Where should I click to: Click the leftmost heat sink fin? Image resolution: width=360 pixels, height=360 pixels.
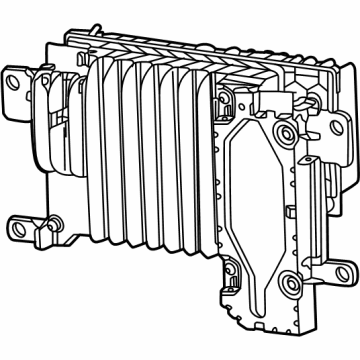(x=92, y=140)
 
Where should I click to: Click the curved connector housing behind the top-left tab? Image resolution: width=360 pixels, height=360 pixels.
(x=45, y=110)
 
